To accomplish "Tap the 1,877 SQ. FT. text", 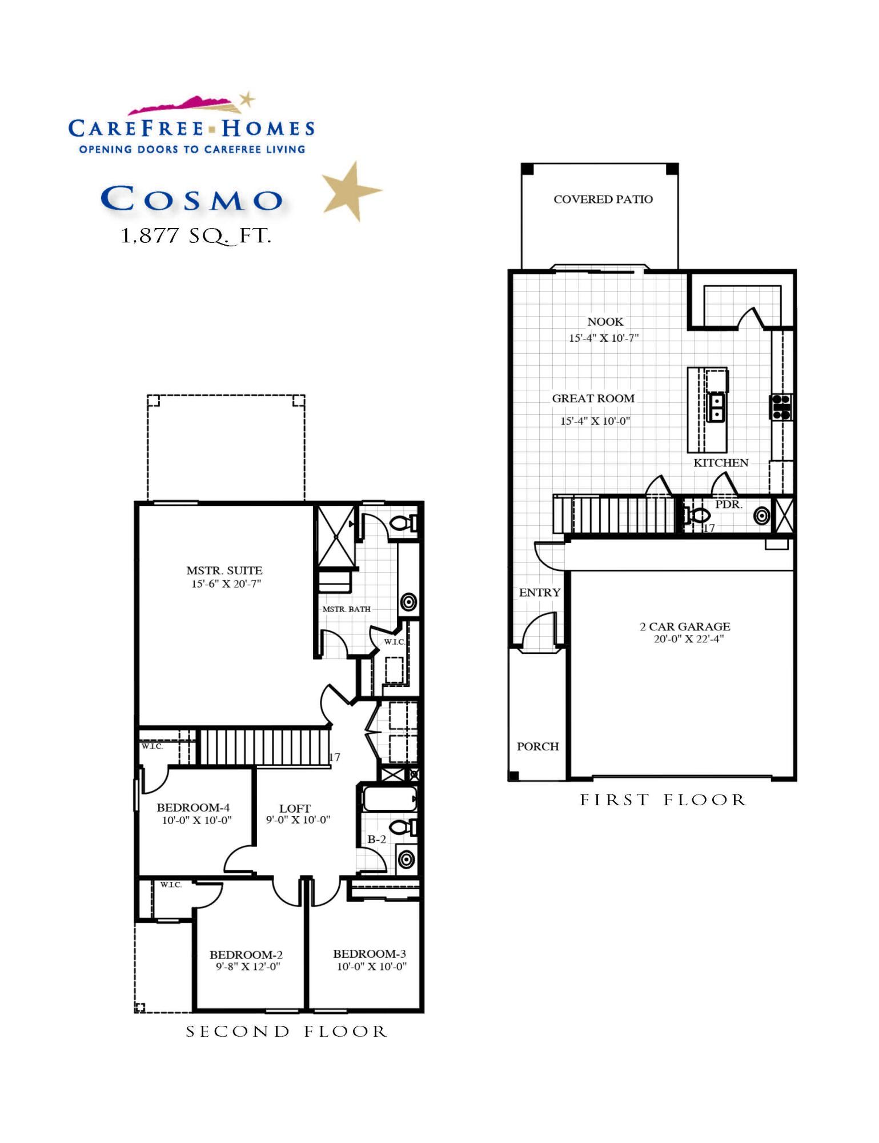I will coord(195,236).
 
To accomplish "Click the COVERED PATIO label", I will coord(603,199).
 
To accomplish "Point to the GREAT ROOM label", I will coord(593,398).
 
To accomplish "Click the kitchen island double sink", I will coord(716,407).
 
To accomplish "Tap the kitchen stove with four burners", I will coord(781,407).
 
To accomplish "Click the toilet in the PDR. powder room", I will coord(698,515).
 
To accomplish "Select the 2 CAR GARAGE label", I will coord(685,626).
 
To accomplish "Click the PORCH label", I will coord(537,746).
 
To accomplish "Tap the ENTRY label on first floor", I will coord(539,593).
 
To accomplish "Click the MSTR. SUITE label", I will coord(224,570).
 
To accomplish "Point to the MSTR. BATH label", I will coord(346,609).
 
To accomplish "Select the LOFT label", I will coord(295,808).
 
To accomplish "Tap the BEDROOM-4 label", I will coord(193,807).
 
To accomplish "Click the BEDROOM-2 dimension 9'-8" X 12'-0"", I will coord(248,966).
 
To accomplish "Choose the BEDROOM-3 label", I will coord(369,953).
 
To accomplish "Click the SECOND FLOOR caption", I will coord(286,1032).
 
